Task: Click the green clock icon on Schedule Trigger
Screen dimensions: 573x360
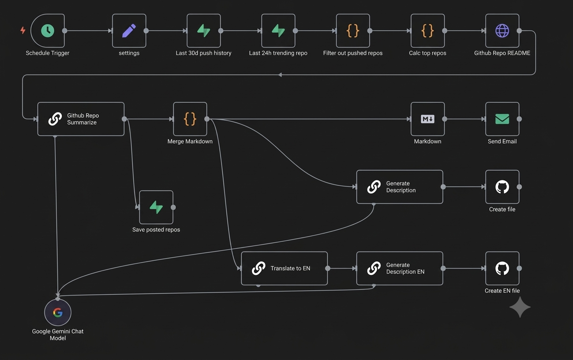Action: click(48, 31)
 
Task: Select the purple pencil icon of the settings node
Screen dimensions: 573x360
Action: click(129, 31)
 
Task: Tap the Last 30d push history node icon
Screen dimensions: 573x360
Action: click(204, 31)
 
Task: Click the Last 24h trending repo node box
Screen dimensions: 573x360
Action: click(278, 31)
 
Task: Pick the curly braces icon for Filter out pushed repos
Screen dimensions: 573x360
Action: click(353, 31)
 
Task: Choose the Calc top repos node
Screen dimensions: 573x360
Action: click(427, 31)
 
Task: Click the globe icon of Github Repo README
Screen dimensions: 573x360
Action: click(502, 31)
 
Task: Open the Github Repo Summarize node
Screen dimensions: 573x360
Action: click(81, 119)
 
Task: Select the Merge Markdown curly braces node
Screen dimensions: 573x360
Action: click(190, 119)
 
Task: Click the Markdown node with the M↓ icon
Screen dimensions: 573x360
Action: click(427, 119)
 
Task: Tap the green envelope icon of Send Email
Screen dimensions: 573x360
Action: click(502, 119)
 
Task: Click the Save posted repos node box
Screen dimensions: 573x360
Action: click(156, 207)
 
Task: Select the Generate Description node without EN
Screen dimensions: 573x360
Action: click(400, 187)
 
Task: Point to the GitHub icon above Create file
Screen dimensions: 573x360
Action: click(502, 187)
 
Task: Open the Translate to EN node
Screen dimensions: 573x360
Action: click(284, 268)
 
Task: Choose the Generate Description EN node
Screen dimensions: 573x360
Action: click(400, 268)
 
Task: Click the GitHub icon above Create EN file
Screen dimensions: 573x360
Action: click(502, 268)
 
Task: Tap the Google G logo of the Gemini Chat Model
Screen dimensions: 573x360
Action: click(58, 312)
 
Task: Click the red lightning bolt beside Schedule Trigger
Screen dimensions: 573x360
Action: click(23, 30)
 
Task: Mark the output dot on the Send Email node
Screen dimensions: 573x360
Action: click(519, 119)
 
